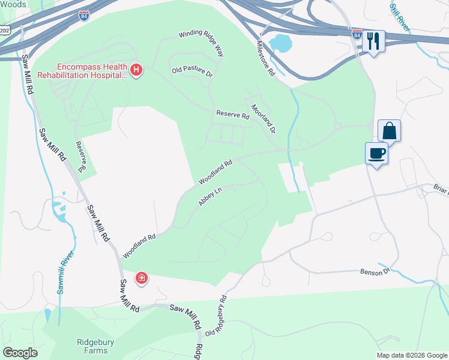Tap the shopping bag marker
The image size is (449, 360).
tap(389, 130)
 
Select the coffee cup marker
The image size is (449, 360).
tap(376, 153)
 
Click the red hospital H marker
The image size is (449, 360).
tap(137, 71)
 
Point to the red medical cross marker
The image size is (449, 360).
tap(142, 278)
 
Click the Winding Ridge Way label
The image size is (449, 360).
tap(200, 44)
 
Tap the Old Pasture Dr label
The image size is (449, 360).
tap(192, 71)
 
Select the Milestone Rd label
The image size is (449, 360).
tap(265, 58)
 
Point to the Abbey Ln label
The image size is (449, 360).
tap(210, 197)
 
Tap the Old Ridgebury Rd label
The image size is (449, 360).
tap(217, 316)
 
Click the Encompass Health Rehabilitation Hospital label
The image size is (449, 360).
tap(82, 71)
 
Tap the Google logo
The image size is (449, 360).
tap(20, 353)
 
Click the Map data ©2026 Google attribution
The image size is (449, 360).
tap(412, 355)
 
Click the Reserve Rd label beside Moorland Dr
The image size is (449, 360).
tap(232, 115)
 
